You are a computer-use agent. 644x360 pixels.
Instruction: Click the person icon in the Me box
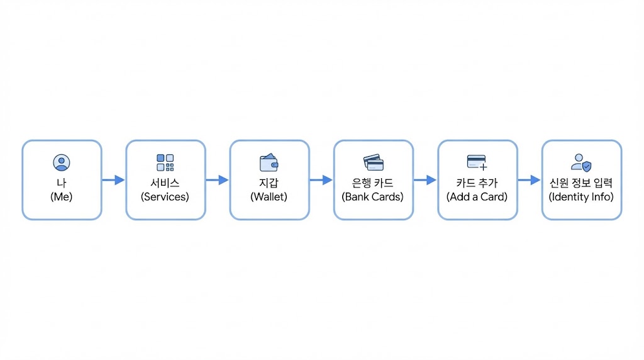pyautogui.click(x=62, y=162)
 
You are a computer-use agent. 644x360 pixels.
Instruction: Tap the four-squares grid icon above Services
pyautogui.click(x=165, y=162)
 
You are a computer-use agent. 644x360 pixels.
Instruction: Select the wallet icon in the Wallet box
pyautogui.click(x=269, y=162)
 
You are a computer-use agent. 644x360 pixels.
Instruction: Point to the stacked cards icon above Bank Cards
pyautogui.click(x=374, y=162)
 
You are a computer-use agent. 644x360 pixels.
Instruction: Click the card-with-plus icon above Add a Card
pyautogui.click(x=477, y=162)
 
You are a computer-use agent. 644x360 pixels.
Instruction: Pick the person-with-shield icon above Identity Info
pyautogui.click(x=581, y=162)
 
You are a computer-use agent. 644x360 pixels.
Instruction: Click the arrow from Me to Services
pyautogui.click(x=113, y=180)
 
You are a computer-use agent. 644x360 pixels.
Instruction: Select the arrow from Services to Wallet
pyautogui.click(x=217, y=180)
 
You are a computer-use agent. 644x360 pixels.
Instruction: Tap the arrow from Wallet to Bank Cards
pyautogui.click(x=321, y=180)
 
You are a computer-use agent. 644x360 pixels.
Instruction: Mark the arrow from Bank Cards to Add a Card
pyautogui.click(x=425, y=180)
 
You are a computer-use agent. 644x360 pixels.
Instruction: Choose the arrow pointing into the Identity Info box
pyautogui.click(x=529, y=180)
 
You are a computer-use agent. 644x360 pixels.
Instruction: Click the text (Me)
pyautogui.click(x=62, y=197)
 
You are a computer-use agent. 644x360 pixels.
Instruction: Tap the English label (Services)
pyautogui.click(x=165, y=197)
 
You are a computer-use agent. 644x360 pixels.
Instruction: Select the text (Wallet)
pyautogui.click(x=269, y=197)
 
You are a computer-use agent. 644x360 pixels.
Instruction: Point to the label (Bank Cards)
pyautogui.click(x=373, y=197)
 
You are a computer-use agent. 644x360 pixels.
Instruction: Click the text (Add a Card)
pyautogui.click(x=477, y=197)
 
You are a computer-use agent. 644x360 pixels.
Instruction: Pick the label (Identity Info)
pyautogui.click(x=581, y=197)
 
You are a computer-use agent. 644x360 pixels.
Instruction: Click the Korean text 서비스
pyautogui.click(x=165, y=183)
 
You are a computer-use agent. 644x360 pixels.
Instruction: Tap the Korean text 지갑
pyautogui.click(x=269, y=183)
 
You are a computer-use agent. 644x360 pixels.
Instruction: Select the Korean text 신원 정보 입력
pyautogui.click(x=581, y=183)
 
